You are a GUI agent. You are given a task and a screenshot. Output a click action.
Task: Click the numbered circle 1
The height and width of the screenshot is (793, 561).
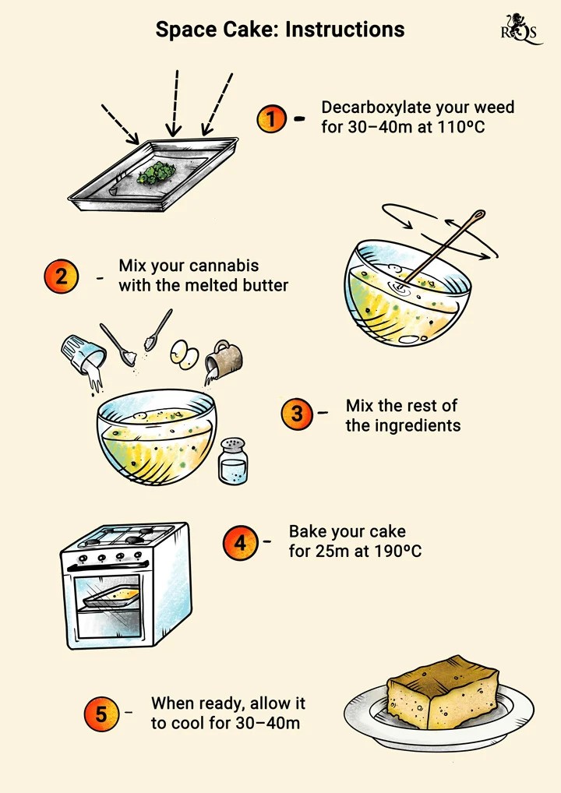click(x=272, y=119)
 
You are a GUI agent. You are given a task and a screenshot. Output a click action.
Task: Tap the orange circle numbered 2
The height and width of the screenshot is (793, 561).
click(x=62, y=277)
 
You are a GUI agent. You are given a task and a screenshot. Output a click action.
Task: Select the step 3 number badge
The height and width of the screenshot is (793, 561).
click(x=297, y=414)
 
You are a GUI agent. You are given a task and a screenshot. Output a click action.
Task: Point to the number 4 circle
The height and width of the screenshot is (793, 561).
click(x=240, y=543)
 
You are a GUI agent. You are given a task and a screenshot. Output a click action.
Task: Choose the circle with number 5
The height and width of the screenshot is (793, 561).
click(x=101, y=714)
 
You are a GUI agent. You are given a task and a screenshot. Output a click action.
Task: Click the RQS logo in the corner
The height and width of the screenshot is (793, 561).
click(x=520, y=29)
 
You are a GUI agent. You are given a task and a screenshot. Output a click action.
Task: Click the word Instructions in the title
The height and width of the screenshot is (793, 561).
click(x=345, y=30)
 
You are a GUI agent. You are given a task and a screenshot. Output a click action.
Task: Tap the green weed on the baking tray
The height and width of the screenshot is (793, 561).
click(x=157, y=172)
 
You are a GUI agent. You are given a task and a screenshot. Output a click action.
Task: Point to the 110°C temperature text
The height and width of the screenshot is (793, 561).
click(x=460, y=126)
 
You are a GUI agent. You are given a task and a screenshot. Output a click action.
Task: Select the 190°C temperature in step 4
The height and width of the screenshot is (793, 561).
click(x=397, y=551)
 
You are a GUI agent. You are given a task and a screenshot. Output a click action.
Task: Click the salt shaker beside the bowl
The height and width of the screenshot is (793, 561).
click(x=233, y=460)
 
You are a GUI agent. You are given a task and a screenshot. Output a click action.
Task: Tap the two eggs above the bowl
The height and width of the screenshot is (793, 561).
click(x=184, y=353)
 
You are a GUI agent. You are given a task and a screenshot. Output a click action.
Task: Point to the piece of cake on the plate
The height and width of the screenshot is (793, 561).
click(x=442, y=693)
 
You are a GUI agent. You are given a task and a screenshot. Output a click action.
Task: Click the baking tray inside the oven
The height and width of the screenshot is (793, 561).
click(x=111, y=597)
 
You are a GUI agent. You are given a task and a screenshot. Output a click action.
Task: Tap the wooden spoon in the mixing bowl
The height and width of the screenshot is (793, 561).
click(x=441, y=248)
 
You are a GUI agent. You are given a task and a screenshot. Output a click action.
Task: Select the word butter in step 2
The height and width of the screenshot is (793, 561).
click(x=265, y=285)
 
